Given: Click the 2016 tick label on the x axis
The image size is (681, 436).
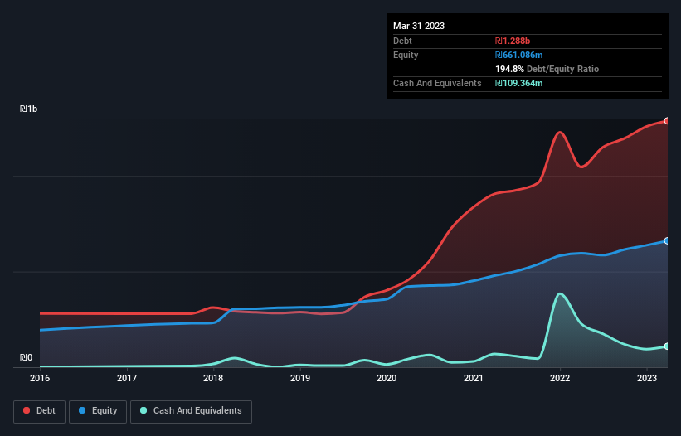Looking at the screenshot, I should [40, 379].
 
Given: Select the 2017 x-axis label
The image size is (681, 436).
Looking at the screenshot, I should [127, 379].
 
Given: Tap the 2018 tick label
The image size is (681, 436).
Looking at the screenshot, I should [213, 379].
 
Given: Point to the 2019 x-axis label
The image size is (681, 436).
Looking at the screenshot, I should [300, 379].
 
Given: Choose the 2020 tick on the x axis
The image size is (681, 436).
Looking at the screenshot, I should [387, 379].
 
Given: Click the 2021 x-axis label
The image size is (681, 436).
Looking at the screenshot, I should [474, 379].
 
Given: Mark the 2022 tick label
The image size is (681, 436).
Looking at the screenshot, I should [560, 379].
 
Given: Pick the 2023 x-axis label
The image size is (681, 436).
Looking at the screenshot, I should [647, 379].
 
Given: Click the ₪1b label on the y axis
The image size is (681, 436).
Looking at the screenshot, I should [29, 109].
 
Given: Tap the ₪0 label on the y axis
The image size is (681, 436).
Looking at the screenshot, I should [27, 358].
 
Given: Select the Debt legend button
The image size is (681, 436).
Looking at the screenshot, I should [39, 410].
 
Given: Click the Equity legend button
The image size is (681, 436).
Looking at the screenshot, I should [98, 410].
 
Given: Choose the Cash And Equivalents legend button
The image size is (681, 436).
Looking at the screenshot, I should [191, 410].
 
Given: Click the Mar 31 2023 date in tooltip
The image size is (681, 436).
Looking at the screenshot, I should [419, 26].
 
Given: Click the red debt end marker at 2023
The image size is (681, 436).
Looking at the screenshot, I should [667, 121].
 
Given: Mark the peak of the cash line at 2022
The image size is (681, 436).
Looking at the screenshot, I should [561, 293].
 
